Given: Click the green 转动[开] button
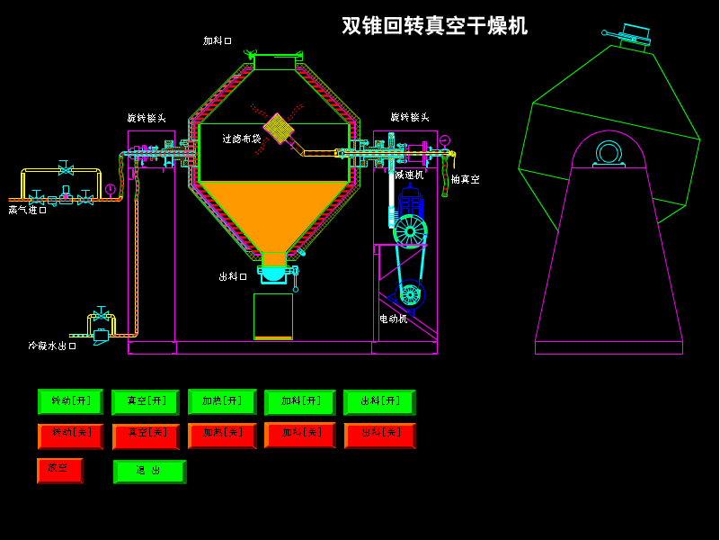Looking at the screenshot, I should pyautogui.click(x=70, y=401).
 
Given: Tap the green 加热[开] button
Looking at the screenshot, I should pyautogui.click(x=222, y=401).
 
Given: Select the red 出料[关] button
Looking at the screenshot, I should pyautogui.click(x=379, y=436).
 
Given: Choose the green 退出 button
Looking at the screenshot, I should pyautogui.click(x=149, y=472).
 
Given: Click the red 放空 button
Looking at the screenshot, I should pyautogui.click(x=59, y=470).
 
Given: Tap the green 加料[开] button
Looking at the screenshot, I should pyautogui.click(x=299, y=402).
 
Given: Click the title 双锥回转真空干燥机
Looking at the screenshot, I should pyautogui.click(x=434, y=26).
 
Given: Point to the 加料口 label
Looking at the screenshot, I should pyautogui.click(x=217, y=40).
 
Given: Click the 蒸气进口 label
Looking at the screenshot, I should pyautogui.click(x=27, y=210).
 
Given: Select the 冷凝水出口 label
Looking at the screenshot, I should pyautogui.click(x=51, y=346).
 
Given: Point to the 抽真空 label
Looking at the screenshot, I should pyautogui.click(x=465, y=180).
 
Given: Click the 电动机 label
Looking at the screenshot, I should pyautogui.click(x=393, y=319).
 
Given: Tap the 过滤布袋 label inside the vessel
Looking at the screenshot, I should pyautogui.click(x=242, y=139).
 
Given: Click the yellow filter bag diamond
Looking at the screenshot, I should pyautogui.click(x=279, y=128).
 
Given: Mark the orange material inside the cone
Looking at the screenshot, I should pyautogui.click(x=273, y=209).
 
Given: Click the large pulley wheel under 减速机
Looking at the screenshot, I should pyautogui.click(x=410, y=231).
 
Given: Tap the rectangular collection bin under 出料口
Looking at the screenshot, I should pyautogui.click(x=273, y=316).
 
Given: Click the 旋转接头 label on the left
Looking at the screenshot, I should pyautogui.click(x=146, y=118).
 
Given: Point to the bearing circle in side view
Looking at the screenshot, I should pyautogui.click(x=609, y=152).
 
